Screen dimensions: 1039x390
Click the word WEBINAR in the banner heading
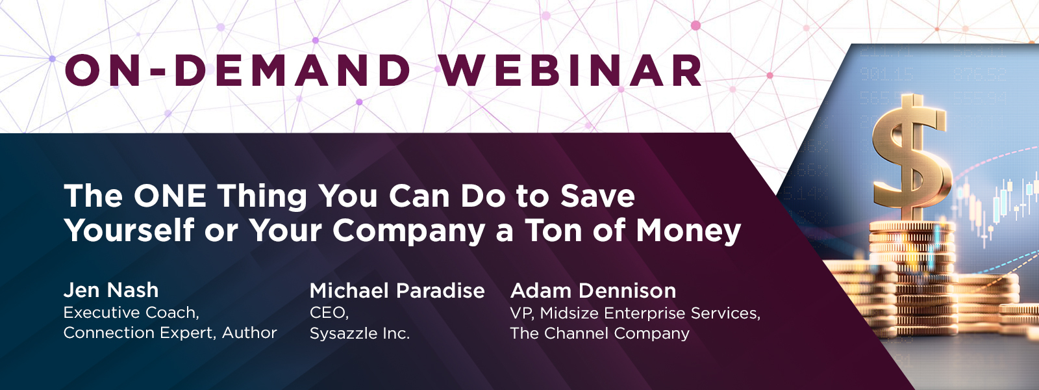coord(571,71)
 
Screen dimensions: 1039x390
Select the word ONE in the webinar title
coord(169,196)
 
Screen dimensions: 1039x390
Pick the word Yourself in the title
coord(129,230)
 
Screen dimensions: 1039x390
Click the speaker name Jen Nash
coord(111,290)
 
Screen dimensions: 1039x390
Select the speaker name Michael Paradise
coord(397,291)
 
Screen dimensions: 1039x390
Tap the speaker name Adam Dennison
coord(594,291)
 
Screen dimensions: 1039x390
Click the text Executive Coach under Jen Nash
coord(131,313)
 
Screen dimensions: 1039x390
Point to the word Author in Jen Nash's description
coord(249,333)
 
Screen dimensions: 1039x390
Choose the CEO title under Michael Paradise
coord(329,313)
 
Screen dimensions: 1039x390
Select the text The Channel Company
coord(600,333)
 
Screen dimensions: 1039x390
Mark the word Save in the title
coord(597,196)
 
